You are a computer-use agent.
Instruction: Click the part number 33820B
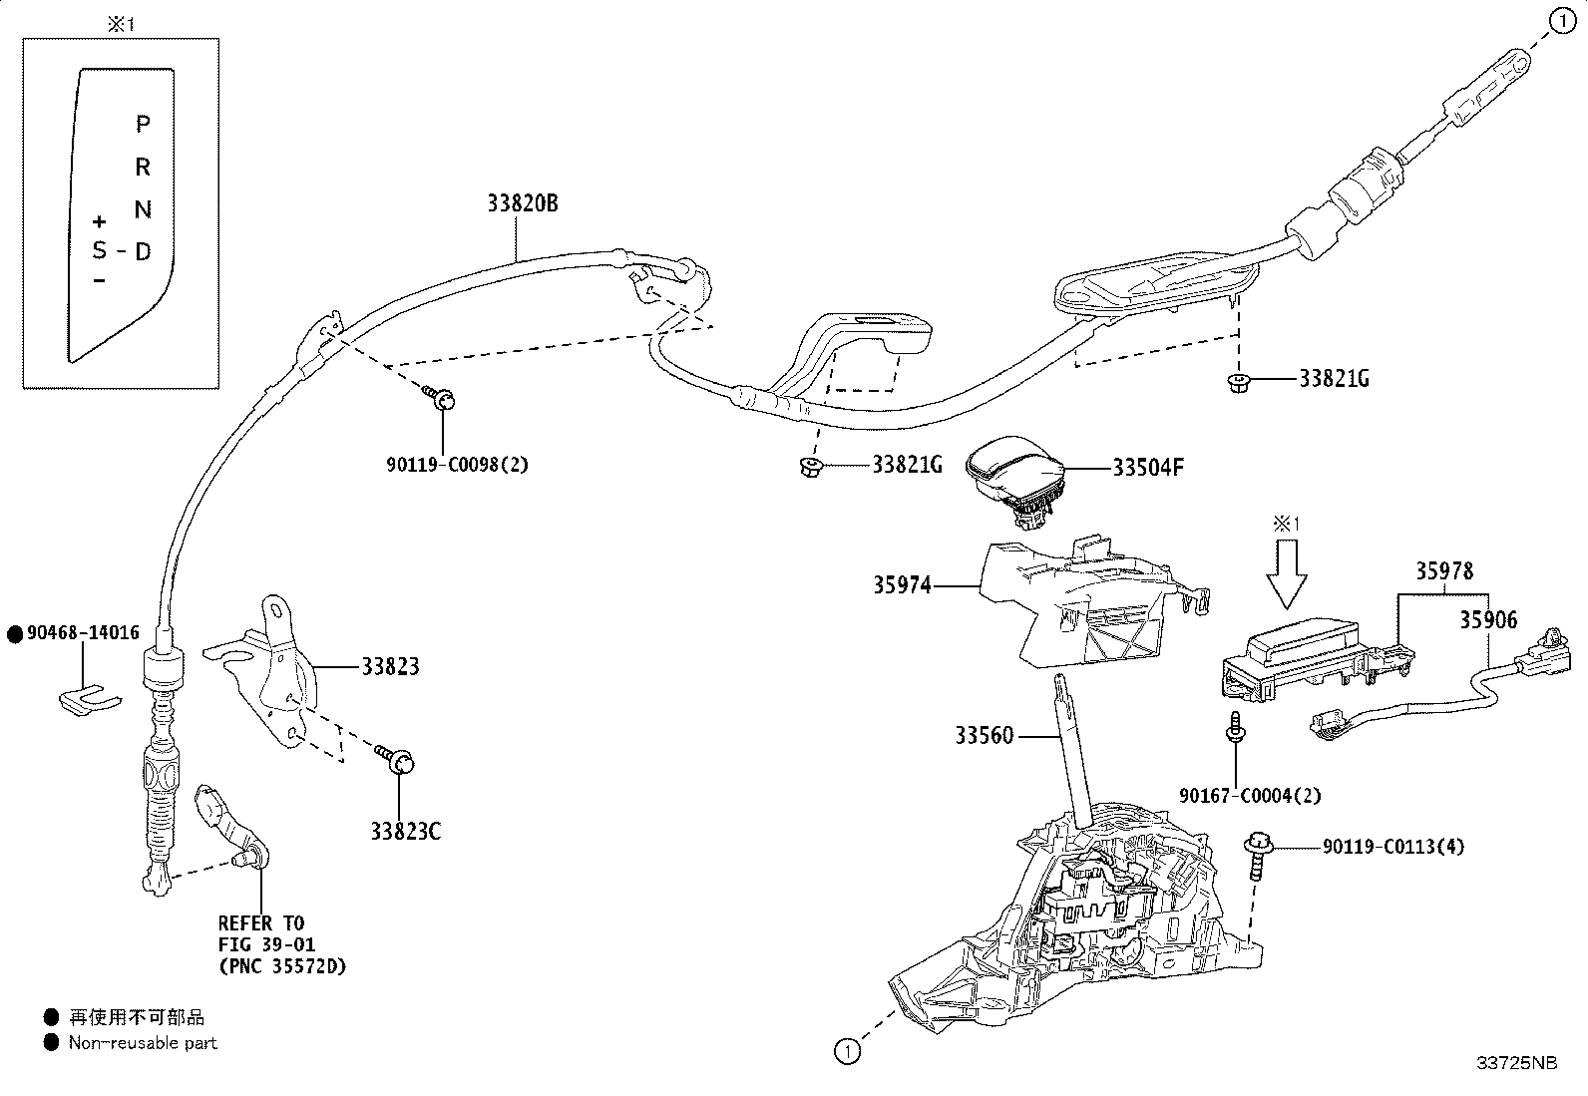tap(523, 203)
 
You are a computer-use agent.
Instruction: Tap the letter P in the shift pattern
tap(143, 124)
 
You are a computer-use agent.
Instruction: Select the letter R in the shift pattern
tap(143, 167)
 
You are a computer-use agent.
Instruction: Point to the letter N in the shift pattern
tap(143, 209)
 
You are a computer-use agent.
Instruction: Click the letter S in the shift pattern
tap(100, 250)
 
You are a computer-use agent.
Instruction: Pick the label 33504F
tap(1148, 468)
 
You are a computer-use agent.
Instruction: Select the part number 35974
tap(902, 584)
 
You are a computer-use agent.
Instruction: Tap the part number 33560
tap(984, 736)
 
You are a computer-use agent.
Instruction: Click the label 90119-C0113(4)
tap(1393, 847)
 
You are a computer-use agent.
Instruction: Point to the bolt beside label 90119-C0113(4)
tap(1258, 856)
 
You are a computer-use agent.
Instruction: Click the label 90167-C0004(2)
tap(1250, 796)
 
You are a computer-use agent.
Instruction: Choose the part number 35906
tap(1488, 620)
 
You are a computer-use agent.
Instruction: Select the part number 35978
tap(1444, 570)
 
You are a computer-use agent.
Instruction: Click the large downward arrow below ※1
tap(1287, 574)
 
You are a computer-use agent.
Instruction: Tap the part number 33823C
tap(406, 831)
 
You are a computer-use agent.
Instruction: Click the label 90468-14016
tap(83, 632)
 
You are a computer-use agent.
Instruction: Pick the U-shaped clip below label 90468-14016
tap(90, 700)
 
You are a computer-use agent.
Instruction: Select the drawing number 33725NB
tap(1517, 1063)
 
